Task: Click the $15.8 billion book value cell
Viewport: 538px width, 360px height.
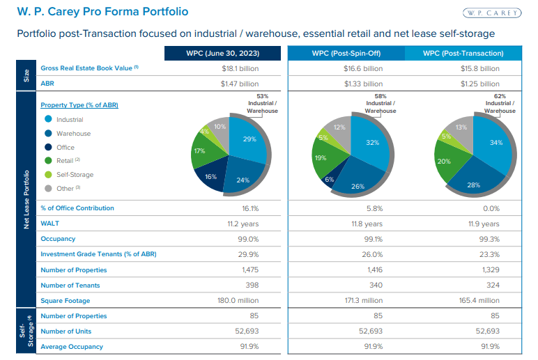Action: (480, 69)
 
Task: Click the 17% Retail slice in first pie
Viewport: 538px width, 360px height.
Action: (201, 151)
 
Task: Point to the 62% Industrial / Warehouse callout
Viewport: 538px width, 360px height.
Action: (500, 104)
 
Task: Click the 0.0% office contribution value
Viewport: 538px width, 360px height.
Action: (480, 208)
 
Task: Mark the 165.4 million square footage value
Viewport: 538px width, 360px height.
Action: (480, 300)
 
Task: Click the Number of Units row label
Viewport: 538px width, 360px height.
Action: (66, 331)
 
